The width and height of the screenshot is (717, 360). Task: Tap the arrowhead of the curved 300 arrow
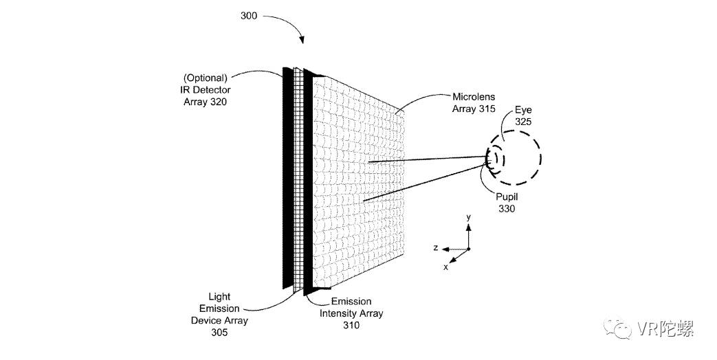[x=301, y=43]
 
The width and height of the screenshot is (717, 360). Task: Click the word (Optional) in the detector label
[x=204, y=78]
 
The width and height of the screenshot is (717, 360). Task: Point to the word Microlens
[x=472, y=97]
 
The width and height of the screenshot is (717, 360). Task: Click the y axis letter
[x=468, y=217]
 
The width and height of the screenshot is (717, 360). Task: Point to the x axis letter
[x=445, y=267]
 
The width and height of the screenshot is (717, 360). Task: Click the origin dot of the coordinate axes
[x=468, y=249]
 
